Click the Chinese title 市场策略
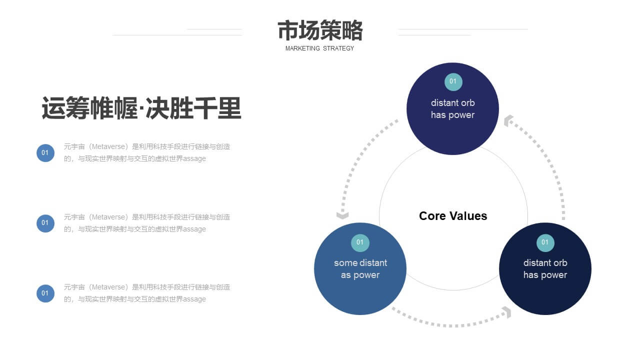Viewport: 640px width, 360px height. [x=320, y=30]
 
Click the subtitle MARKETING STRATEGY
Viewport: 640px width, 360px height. [x=319, y=48]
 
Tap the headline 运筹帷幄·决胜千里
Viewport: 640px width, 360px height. [x=141, y=108]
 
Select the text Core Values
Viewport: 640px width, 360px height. [x=453, y=216]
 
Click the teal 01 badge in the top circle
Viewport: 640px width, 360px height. [x=453, y=81]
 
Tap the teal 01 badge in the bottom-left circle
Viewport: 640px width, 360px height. [x=360, y=242]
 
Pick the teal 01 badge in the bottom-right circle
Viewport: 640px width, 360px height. [x=545, y=242]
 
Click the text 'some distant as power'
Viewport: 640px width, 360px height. [x=360, y=269]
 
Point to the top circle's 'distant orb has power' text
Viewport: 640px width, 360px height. [x=453, y=109]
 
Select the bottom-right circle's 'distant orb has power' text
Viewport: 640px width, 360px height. [x=545, y=269]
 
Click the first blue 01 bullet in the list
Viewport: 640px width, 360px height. [x=45, y=153]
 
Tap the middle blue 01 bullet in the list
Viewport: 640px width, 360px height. [x=45, y=223]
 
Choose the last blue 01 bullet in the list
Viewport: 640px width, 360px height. [x=45, y=293]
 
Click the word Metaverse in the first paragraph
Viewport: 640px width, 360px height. [x=108, y=147]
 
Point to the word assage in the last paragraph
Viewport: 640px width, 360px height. [x=194, y=299]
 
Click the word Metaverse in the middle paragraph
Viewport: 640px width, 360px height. [x=108, y=217]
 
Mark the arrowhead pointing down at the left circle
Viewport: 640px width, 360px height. [x=342, y=215]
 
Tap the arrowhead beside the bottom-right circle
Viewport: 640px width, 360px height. [x=507, y=312]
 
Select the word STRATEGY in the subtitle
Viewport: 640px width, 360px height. [x=338, y=48]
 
